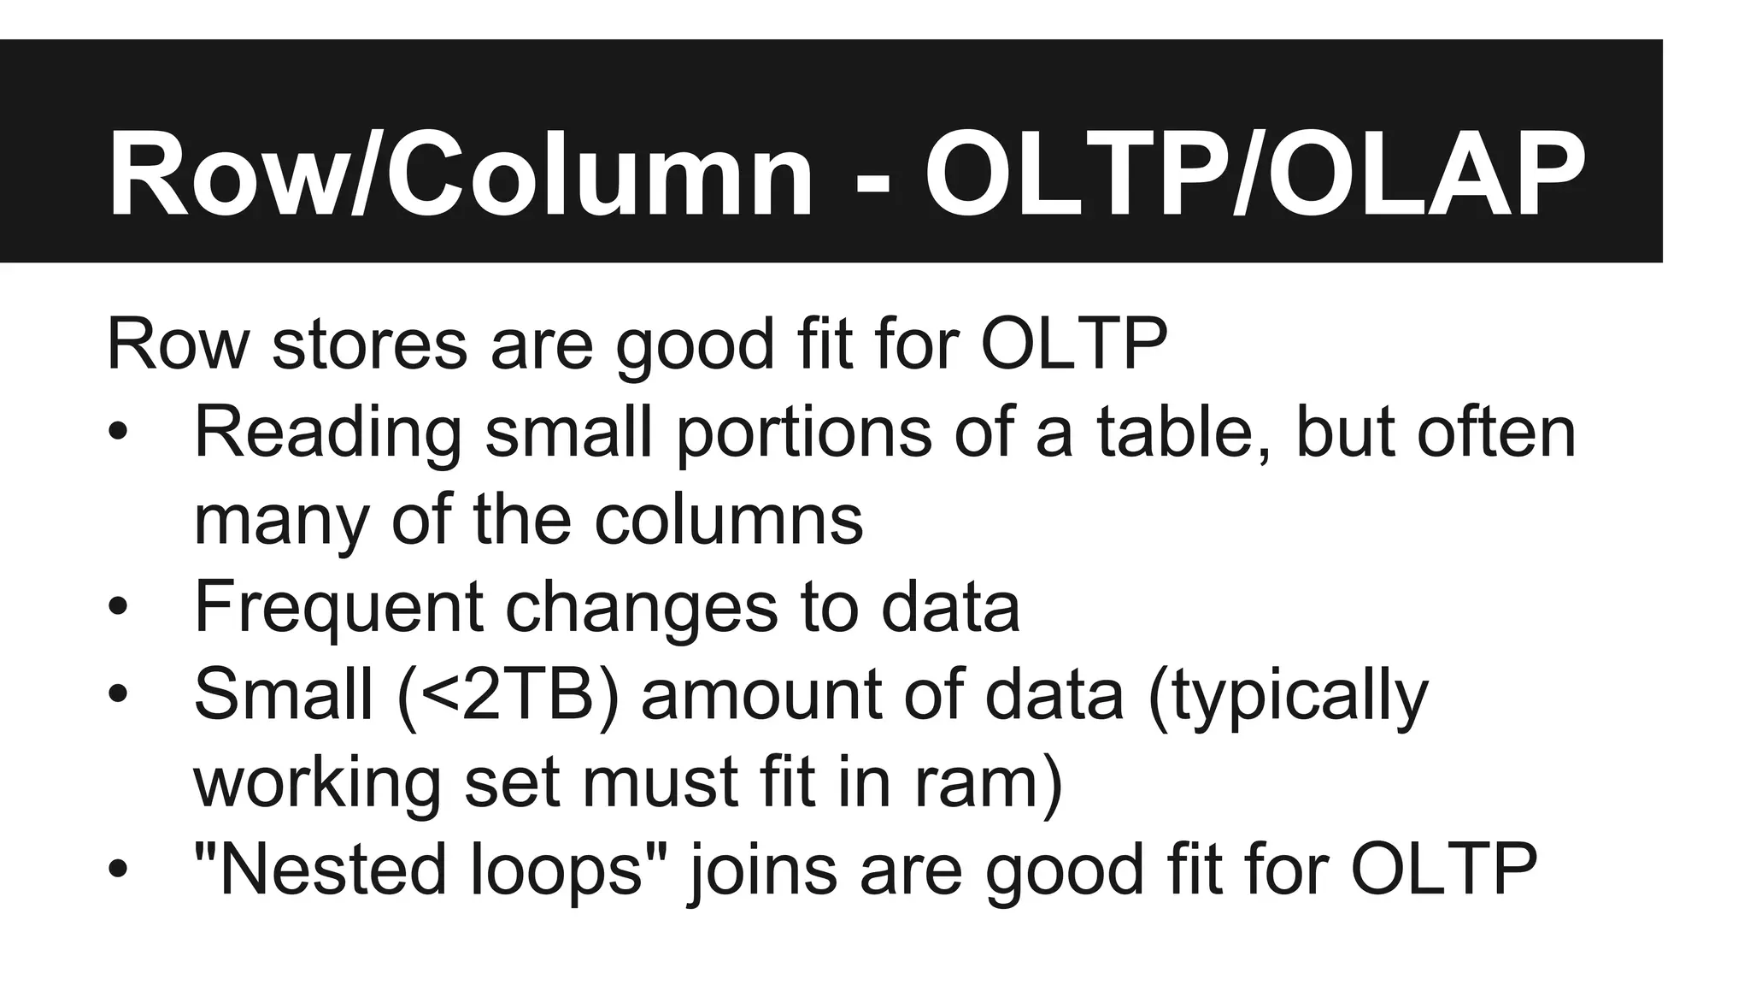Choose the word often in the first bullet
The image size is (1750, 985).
tap(1496, 432)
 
